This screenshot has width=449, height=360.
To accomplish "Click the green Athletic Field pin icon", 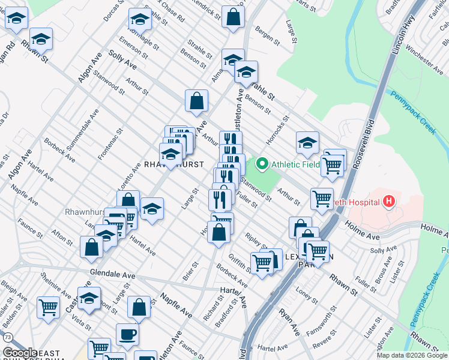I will (262, 163).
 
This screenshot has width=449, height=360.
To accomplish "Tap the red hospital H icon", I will (390, 201).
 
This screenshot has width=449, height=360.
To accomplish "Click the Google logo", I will (19, 353).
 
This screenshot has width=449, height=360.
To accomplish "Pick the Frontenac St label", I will (111, 143).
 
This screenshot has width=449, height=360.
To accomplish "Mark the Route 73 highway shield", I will (7, 338).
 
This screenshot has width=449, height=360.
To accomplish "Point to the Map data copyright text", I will (411, 355).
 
